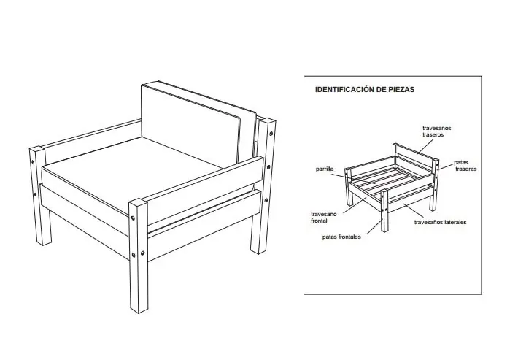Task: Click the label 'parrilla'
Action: pos(325,169)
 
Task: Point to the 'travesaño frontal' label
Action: pos(324,217)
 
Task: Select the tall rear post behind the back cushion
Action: pos(267,183)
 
